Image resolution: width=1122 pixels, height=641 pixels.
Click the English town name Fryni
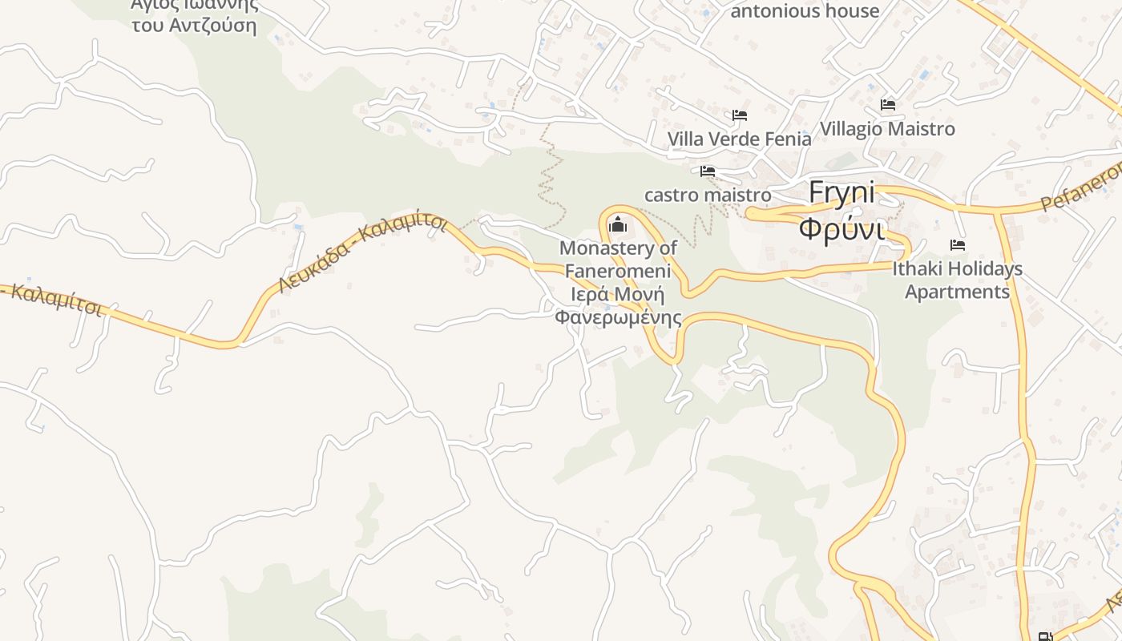point(841,193)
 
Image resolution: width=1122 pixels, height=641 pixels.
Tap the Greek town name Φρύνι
point(841,229)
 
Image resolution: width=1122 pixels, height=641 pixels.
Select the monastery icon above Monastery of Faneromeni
point(618,224)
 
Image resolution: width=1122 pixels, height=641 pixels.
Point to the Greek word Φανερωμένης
point(618,317)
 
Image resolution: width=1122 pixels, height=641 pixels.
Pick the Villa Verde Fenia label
point(739,139)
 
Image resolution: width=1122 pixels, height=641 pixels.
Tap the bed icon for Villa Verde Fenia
point(739,116)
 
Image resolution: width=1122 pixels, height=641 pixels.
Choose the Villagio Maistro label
point(887,128)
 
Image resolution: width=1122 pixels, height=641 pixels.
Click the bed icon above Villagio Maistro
point(887,105)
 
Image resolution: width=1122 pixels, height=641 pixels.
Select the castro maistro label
point(708,195)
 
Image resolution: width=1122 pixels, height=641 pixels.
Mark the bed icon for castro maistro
point(707,171)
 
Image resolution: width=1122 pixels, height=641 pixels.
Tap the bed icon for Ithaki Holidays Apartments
point(957,245)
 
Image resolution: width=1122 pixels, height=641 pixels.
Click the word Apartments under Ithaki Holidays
point(957,291)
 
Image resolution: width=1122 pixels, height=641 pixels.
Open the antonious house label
point(805,11)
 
